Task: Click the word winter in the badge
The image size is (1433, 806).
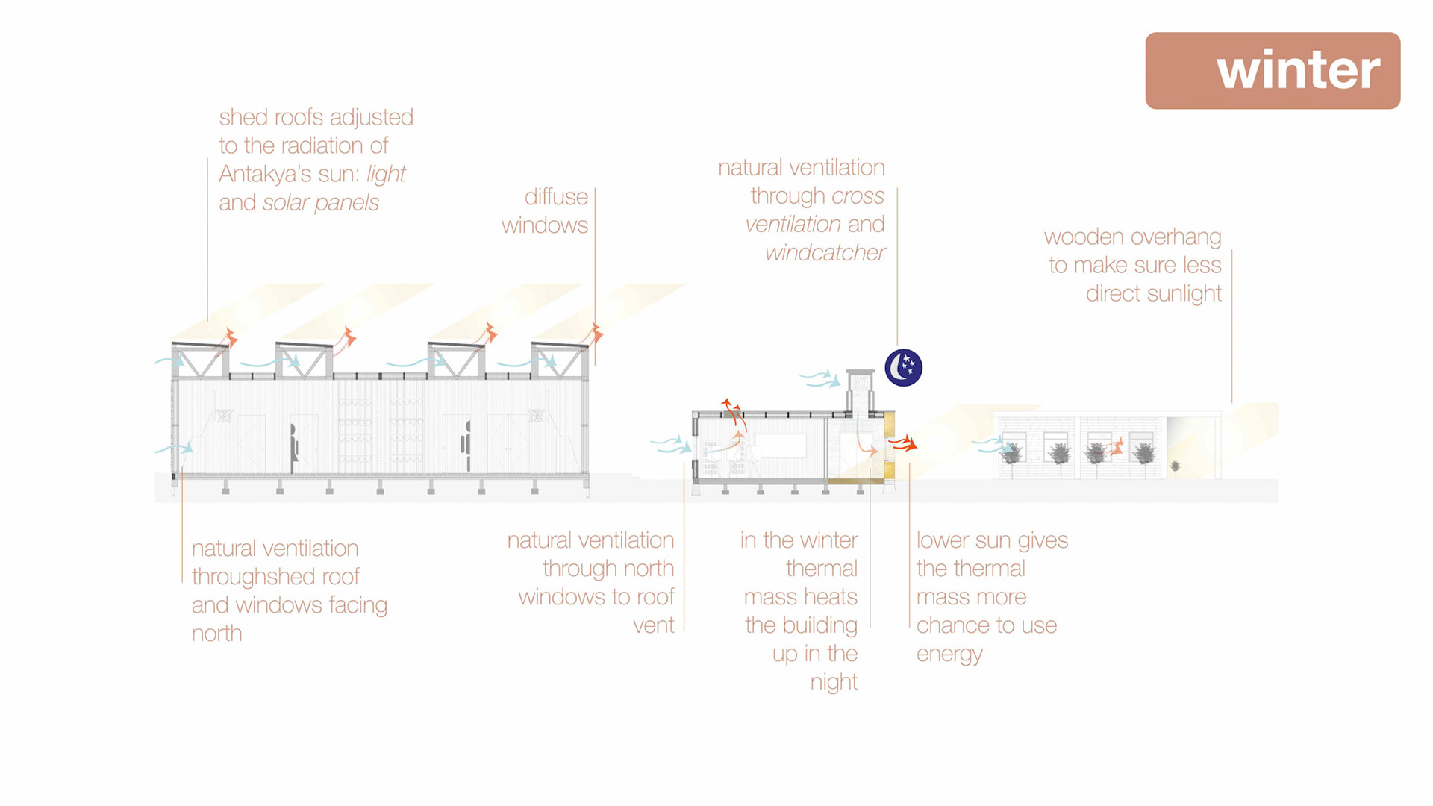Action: (x=1298, y=71)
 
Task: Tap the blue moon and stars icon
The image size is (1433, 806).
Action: (x=903, y=367)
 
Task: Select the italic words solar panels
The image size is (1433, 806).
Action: (x=320, y=202)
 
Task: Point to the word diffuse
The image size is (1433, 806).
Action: (x=556, y=197)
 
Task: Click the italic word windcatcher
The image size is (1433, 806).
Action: (x=825, y=253)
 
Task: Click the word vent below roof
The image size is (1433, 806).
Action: (x=653, y=625)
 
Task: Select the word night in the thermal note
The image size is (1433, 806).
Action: (x=834, y=682)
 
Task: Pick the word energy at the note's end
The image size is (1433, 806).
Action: (x=949, y=655)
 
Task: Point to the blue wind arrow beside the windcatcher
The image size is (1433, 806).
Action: (x=820, y=378)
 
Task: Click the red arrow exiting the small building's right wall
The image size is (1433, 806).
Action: (x=903, y=443)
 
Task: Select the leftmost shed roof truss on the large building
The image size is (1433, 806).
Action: (x=200, y=360)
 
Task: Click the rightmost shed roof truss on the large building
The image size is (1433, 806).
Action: (x=560, y=360)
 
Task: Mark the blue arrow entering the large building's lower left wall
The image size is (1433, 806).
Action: (x=175, y=449)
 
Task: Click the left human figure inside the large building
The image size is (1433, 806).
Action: (x=294, y=445)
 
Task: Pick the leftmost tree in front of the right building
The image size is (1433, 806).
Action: (x=1011, y=453)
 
